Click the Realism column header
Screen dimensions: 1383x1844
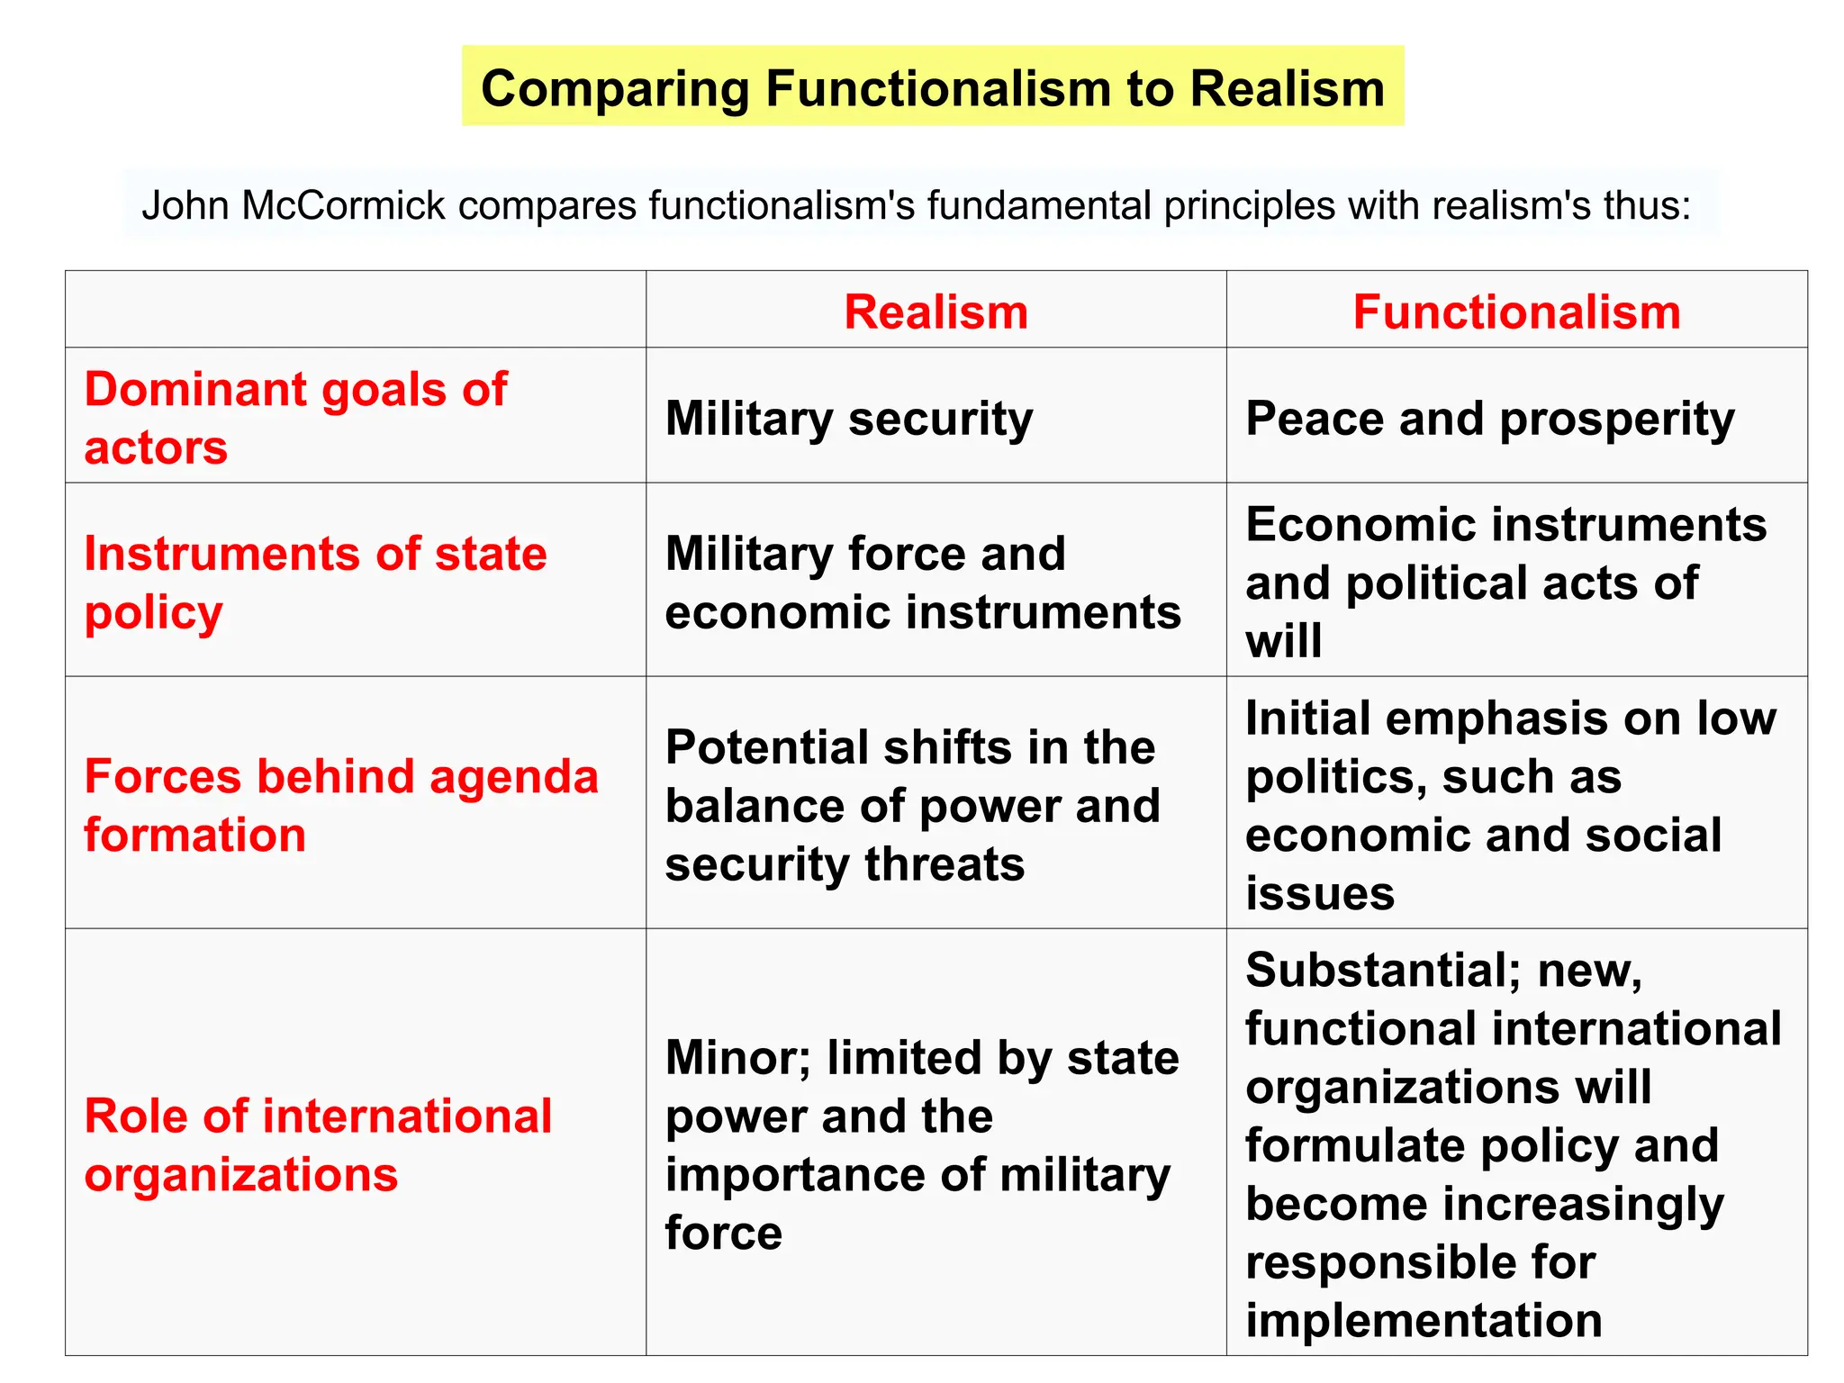pyautogui.click(x=936, y=312)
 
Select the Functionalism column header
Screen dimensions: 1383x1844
pyautogui.click(x=1516, y=312)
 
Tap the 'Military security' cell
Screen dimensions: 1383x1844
pyautogui.click(x=848, y=419)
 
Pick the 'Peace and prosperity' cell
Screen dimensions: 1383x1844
pyautogui.click(x=1489, y=419)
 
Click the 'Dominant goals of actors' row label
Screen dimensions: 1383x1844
pyautogui.click(x=295, y=418)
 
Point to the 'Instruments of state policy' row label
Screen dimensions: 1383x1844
pyautogui.click(x=315, y=582)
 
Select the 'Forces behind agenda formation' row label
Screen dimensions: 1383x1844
pyautogui.click(x=340, y=805)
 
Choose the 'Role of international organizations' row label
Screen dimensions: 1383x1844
pyautogui.click(x=317, y=1144)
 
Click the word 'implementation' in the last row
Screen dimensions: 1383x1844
pyautogui.click(x=1424, y=1320)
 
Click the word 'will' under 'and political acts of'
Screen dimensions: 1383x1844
pyautogui.click(x=1283, y=641)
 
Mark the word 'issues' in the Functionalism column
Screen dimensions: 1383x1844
pyautogui.click(x=1320, y=893)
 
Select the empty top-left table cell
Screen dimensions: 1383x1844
pyautogui.click(x=355, y=309)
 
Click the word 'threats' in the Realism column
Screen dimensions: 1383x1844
pyautogui.click(x=945, y=864)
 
